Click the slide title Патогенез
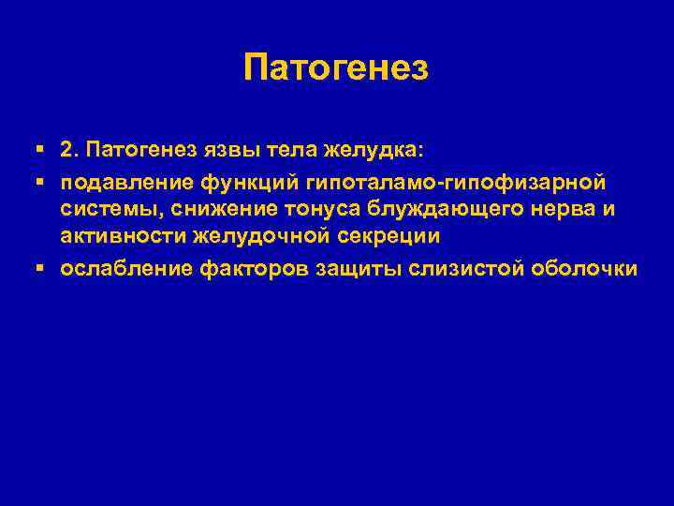tap(335, 67)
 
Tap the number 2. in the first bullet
tap(71, 149)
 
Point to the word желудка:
tap(376, 149)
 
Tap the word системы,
tap(107, 209)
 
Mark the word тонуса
tap(304, 209)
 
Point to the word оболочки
tap(585, 269)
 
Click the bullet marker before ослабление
tap(39, 269)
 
